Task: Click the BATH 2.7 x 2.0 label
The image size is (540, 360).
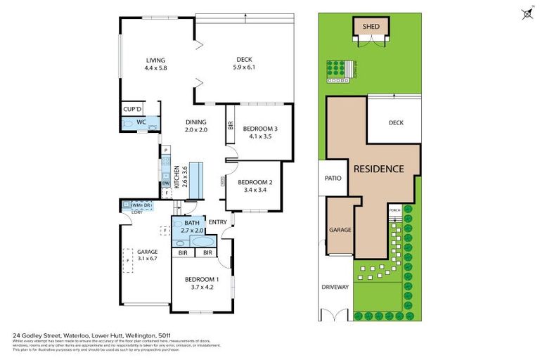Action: coord(193,226)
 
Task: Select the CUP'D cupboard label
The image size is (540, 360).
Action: coord(133,110)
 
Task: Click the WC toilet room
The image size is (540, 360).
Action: coord(141,122)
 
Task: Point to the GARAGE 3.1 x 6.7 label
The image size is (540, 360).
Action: coord(146,255)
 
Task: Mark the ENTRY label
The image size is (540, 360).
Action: coord(218,223)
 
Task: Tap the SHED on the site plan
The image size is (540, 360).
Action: coord(371,27)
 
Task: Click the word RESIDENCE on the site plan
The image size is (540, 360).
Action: coord(378,169)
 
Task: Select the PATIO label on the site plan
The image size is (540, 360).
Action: coord(333,178)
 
